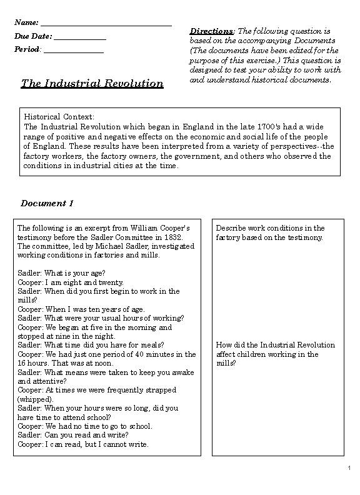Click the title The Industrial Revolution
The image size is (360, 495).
pyautogui.click(x=92, y=83)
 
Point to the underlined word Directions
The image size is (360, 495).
pyautogui.click(x=211, y=31)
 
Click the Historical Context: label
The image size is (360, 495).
pyautogui.click(x=59, y=117)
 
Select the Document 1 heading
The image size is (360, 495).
pyautogui.click(x=47, y=203)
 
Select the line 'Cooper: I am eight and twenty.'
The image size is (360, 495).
pyautogui.click(x=71, y=282)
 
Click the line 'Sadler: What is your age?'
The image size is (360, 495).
pyautogui.click(x=61, y=273)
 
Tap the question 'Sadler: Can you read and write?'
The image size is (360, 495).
pyautogui.click(x=73, y=435)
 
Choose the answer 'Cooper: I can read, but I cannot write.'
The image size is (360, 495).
pyautogui.click(x=83, y=444)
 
